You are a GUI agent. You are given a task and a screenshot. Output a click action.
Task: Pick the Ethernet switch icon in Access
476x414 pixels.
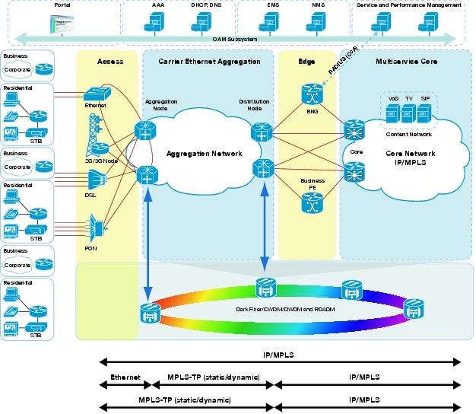pos(97,91)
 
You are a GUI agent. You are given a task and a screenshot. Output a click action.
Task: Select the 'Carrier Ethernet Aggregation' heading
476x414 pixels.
pos(208,61)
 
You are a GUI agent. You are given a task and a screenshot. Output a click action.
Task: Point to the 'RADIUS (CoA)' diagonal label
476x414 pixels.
pos(342,59)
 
